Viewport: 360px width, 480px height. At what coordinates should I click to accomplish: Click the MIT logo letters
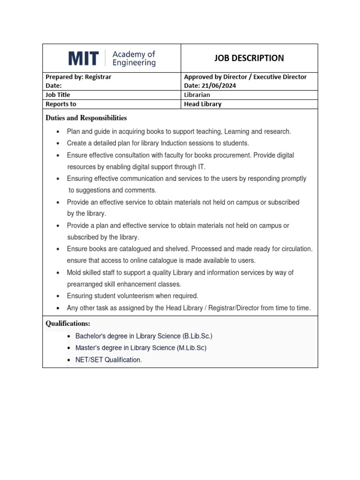83,59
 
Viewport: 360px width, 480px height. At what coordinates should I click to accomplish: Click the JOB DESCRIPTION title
249,58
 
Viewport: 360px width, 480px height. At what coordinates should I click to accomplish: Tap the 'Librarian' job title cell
197,95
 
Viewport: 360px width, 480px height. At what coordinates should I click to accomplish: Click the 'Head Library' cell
202,104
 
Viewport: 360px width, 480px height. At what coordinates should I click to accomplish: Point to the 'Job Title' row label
58,95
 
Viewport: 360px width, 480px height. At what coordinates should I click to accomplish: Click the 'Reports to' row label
60,104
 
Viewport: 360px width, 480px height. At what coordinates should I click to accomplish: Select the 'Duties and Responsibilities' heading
86,118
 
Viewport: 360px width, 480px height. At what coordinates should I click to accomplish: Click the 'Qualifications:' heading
68,324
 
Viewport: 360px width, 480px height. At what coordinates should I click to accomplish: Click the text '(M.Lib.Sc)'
192,348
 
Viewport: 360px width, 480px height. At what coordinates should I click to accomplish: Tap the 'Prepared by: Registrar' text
78,77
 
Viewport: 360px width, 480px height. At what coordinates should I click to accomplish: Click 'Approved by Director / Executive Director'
245,77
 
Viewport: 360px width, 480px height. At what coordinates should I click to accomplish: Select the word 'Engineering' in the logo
134,63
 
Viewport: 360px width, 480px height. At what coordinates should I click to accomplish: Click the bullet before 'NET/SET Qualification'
69,360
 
